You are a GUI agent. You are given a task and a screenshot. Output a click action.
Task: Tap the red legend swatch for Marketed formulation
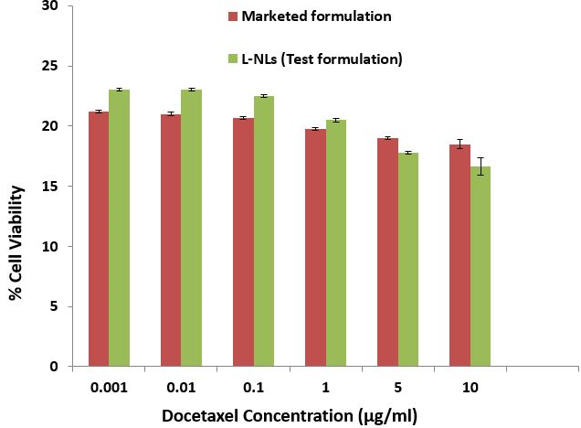coord(232,16)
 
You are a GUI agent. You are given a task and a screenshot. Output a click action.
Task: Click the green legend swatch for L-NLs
coord(232,59)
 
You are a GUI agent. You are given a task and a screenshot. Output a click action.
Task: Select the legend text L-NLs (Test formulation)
coord(322,59)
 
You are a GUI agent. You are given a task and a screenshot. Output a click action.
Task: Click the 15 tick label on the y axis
coord(51,187)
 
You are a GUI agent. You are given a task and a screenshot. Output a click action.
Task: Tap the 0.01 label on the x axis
coord(179,387)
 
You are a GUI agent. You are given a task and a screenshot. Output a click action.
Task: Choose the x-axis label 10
coord(470,387)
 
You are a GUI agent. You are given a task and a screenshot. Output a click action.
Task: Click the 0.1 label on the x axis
coord(252,387)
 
